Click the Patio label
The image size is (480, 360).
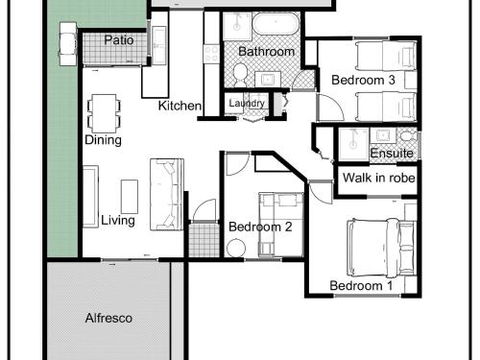tap(120, 40)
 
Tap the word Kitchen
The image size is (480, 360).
tap(180, 106)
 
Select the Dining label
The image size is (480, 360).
tap(103, 140)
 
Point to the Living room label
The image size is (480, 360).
tap(118, 220)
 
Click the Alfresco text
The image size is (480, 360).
tap(109, 317)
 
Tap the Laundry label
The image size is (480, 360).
tap(247, 102)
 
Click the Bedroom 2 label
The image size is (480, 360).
tap(260, 227)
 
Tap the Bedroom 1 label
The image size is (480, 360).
tap(361, 287)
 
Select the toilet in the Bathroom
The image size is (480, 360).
tap(240, 71)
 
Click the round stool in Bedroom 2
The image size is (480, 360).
tap(236, 246)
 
